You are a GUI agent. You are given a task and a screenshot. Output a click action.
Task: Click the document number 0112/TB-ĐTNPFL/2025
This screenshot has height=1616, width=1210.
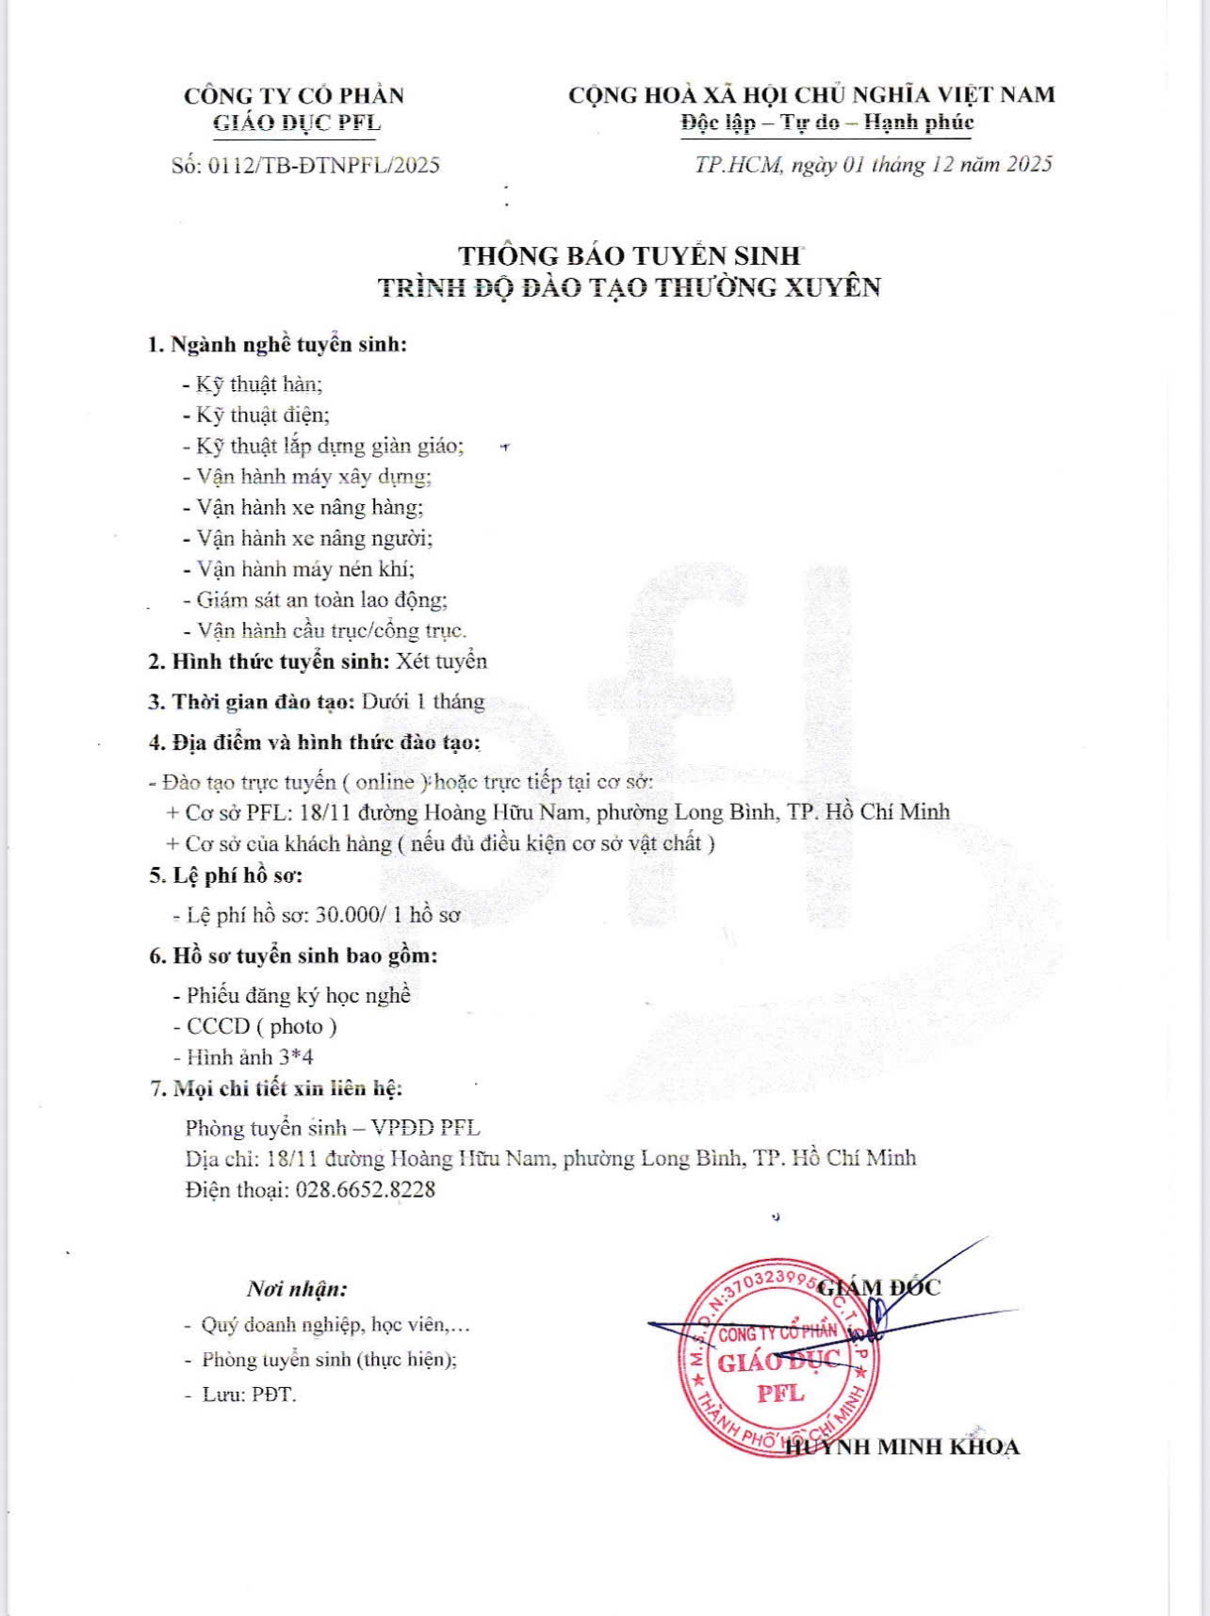coord(323,166)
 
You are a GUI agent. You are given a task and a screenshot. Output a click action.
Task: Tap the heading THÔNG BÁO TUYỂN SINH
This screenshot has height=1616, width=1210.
coord(630,255)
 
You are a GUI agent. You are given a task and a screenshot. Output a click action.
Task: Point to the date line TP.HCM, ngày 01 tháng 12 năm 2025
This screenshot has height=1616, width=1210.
coord(873,165)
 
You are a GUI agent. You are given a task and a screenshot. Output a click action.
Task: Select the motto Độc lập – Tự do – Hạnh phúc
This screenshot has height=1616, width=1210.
coord(826,122)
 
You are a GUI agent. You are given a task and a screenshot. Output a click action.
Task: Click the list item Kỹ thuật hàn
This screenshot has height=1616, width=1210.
coord(259,384)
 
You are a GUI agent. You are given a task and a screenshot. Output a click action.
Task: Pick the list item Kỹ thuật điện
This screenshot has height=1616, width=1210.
coord(262,416)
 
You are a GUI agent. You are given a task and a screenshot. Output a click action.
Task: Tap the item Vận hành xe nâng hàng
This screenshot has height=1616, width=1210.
coord(309,508)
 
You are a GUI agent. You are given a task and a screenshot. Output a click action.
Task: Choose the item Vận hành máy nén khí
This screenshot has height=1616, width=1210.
coord(304,569)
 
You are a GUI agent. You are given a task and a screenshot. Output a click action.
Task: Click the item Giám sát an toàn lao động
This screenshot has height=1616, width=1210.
coord(320,600)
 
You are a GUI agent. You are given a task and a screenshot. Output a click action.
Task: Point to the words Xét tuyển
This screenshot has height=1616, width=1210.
coord(442,661)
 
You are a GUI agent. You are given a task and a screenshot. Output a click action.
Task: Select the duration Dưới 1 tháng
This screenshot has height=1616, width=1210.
coord(423,702)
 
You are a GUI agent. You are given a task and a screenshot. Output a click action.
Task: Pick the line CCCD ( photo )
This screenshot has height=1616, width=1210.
coord(261,1026)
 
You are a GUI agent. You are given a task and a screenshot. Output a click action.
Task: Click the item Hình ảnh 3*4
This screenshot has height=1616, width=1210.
coord(250,1057)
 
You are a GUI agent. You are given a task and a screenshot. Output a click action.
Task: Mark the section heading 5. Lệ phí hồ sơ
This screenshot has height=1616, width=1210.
coord(226,875)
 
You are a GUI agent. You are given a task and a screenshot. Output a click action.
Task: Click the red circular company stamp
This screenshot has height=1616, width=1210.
coord(778,1357)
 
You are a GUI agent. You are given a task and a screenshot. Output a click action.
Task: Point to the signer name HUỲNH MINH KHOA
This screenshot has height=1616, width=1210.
coord(903,1447)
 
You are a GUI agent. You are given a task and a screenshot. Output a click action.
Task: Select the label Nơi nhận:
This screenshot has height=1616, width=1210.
coord(297,1288)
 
